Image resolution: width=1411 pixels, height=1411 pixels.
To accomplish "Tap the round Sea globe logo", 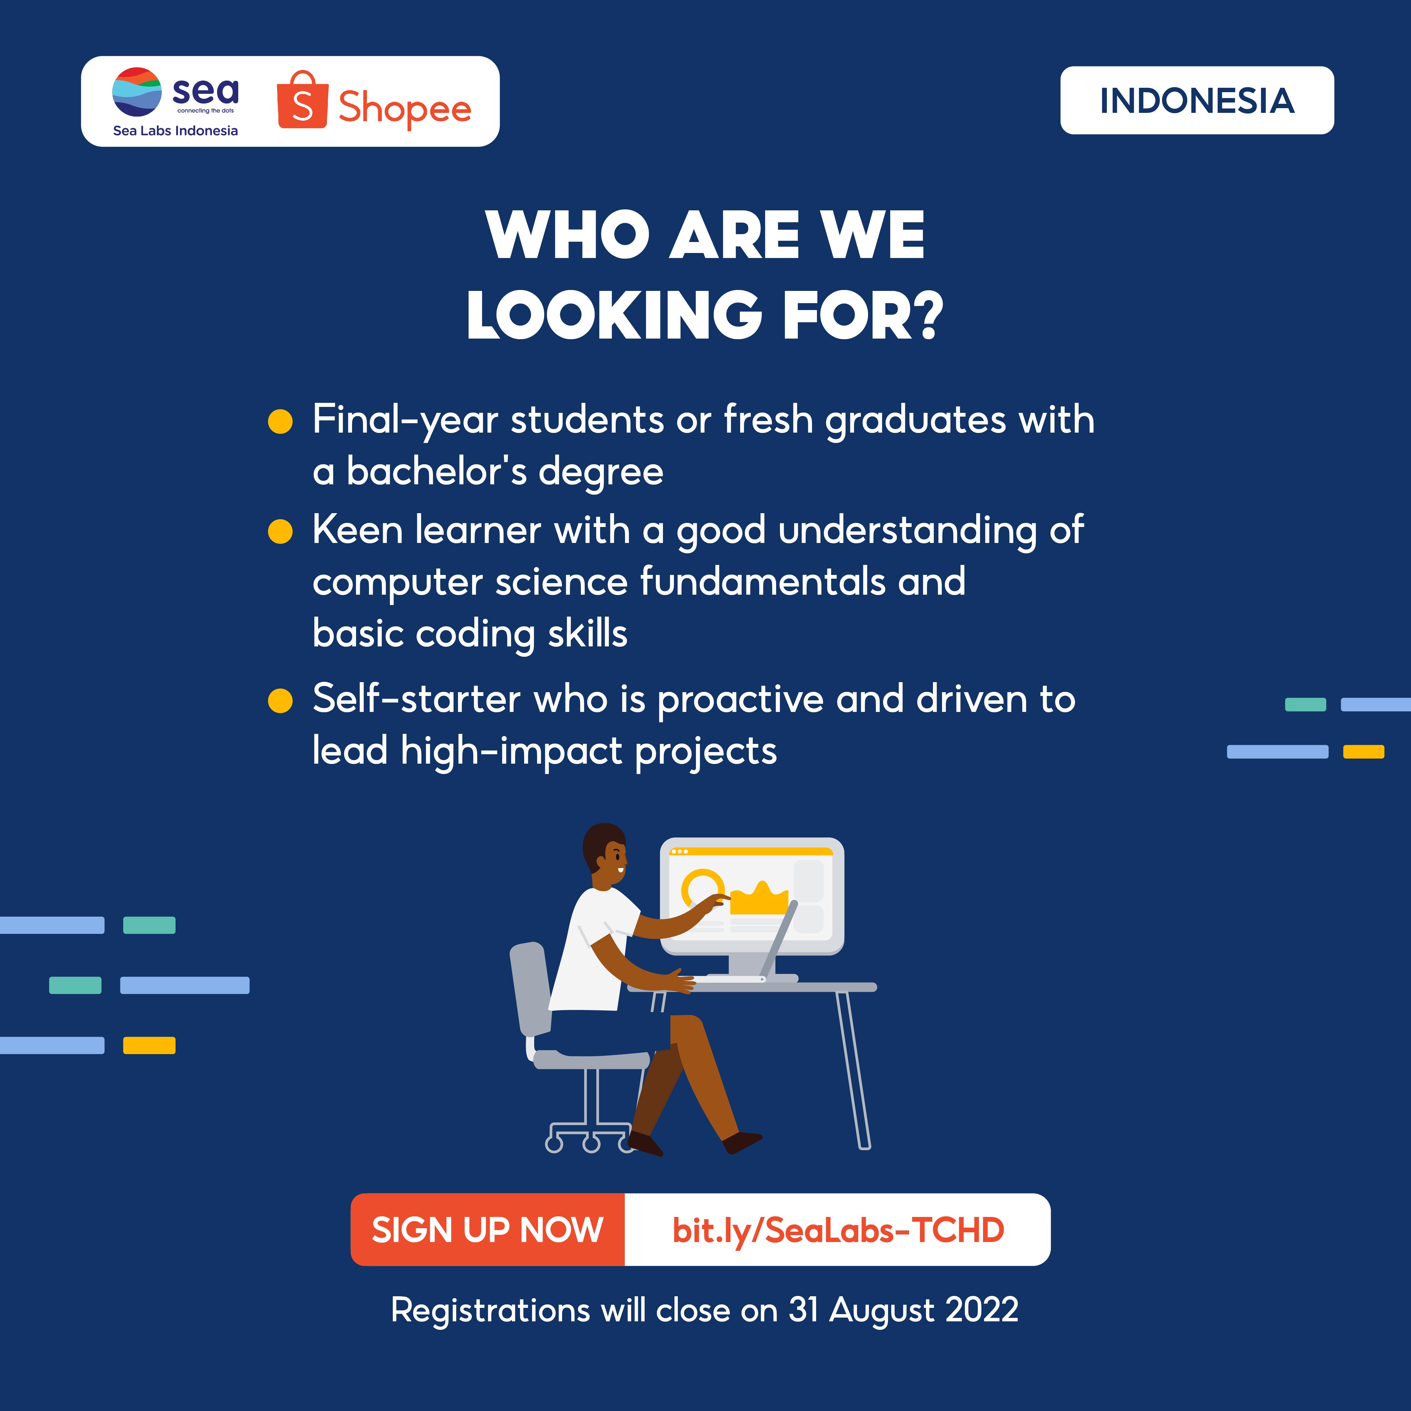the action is click(137, 92).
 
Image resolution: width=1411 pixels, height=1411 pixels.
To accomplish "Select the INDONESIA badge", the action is click(1197, 100).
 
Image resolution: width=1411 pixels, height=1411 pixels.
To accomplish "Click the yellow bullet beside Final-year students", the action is click(281, 421).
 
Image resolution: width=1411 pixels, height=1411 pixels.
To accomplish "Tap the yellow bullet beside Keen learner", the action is click(281, 532).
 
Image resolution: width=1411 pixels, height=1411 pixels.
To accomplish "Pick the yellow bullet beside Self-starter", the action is click(281, 700).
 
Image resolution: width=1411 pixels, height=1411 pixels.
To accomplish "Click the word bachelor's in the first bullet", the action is click(436, 471).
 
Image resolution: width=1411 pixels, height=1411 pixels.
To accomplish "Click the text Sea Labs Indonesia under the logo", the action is click(175, 131).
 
